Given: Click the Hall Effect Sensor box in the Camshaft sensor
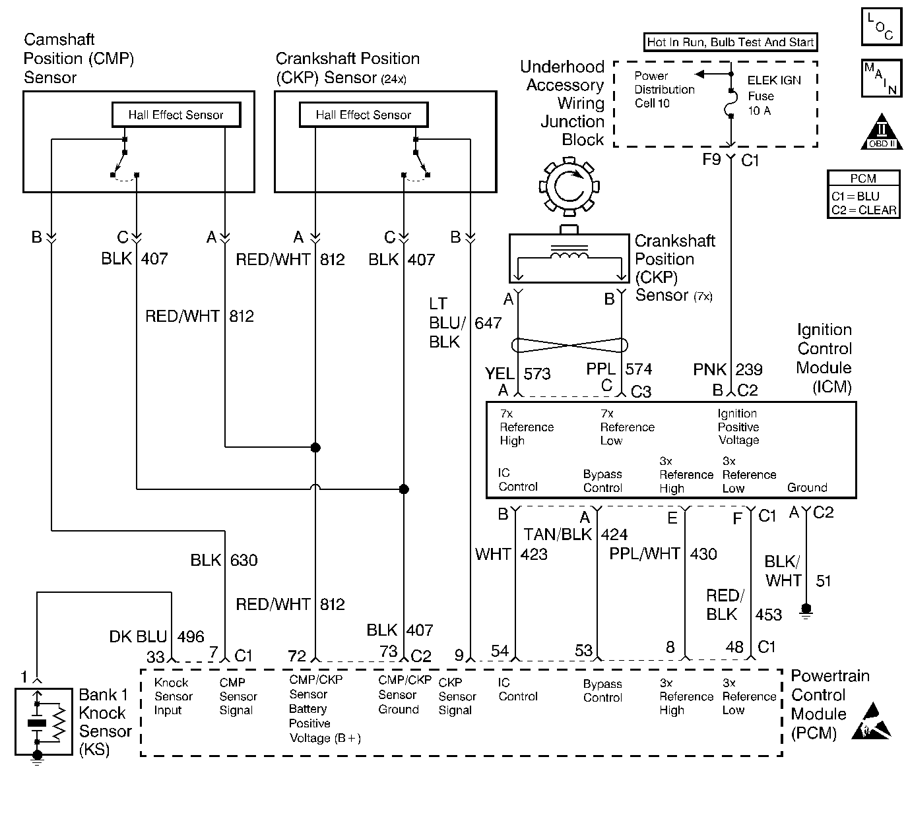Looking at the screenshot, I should pos(176,115).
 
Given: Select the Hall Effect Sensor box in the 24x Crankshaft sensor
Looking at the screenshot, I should pos(363,115).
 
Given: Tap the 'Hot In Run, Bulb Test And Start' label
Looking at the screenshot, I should pos(730,43).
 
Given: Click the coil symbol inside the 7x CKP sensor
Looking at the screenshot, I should pos(570,255).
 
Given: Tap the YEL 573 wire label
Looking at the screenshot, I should pos(518,374).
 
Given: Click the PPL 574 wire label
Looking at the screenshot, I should pos(619,370).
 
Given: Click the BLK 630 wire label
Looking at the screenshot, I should pos(224,561).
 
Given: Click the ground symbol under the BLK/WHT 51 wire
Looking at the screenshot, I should pos(805,609).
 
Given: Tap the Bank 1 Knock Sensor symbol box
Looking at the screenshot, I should pos(44,721).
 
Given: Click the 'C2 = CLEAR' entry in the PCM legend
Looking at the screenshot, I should pos(864,210).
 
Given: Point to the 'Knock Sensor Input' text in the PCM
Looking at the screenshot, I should pos(173,696).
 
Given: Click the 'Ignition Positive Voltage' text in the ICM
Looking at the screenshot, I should pos(738,427).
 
